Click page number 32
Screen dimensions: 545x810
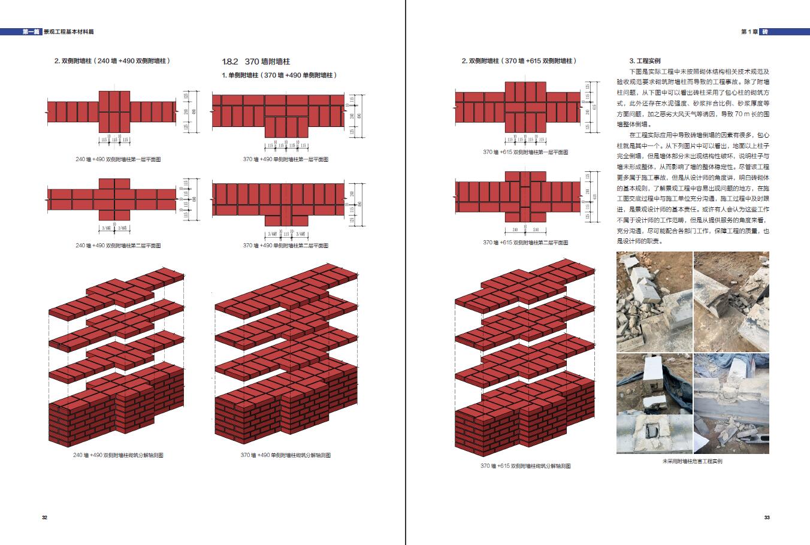[x=44, y=517]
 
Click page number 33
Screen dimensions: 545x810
[x=767, y=517]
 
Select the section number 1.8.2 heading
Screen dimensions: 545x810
[x=230, y=62]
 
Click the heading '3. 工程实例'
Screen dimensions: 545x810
[x=644, y=61]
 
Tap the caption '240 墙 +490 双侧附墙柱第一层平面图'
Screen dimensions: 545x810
[x=118, y=159]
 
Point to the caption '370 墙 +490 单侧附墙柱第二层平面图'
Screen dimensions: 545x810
[x=286, y=246]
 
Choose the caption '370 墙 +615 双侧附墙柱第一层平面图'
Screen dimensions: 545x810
[x=525, y=152]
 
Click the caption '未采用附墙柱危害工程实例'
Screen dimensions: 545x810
[x=693, y=462]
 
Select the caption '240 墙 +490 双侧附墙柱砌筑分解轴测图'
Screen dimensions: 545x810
[x=118, y=455]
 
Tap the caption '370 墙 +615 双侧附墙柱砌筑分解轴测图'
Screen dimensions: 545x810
[x=525, y=465]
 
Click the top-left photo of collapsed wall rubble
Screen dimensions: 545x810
[x=654, y=301]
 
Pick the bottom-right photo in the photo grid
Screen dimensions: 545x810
[x=732, y=403]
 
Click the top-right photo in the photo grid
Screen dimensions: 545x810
[x=732, y=301]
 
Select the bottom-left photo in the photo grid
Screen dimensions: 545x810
[x=654, y=403]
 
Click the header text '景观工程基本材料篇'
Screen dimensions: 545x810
[x=68, y=32]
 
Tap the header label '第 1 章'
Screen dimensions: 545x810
[x=750, y=32]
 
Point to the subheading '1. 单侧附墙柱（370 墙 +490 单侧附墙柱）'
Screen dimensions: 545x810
[x=279, y=75]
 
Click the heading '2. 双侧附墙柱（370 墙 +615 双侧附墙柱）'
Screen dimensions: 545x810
[x=519, y=61]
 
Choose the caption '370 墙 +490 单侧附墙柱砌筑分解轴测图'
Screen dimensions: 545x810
[x=286, y=455]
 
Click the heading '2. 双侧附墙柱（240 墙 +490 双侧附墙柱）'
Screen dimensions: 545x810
[x=112, y=61]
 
